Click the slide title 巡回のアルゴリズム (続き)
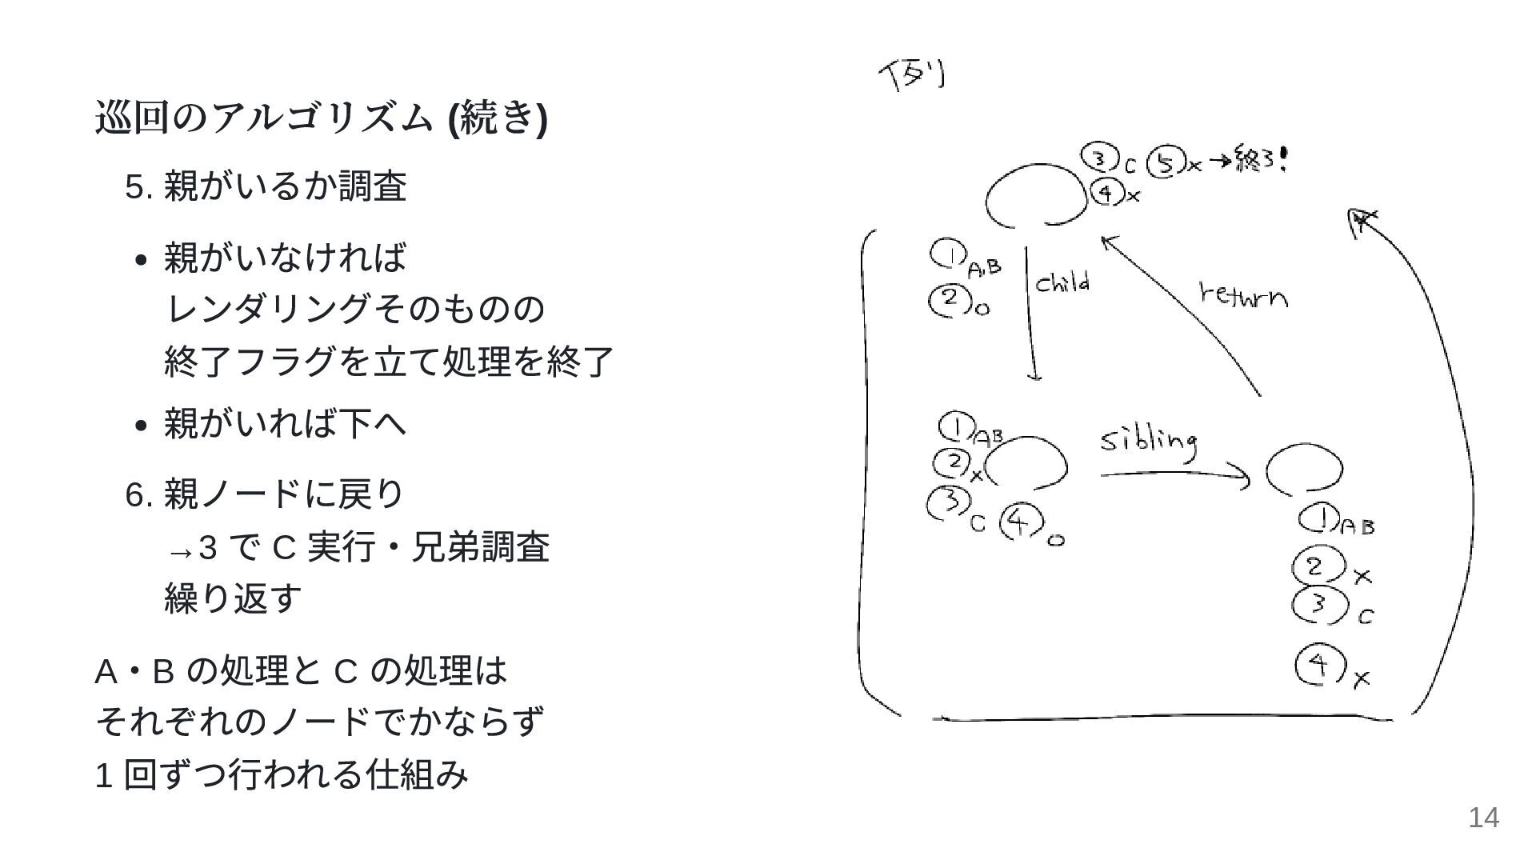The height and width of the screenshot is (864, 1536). click(x=321, y=118)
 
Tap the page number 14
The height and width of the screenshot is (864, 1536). click(x=1483, y=818)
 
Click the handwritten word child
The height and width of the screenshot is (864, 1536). click(x=1062, y=283)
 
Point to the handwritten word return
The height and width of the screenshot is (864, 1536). click(x=1243, y=295)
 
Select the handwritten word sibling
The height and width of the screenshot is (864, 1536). click(x=1149, y=442)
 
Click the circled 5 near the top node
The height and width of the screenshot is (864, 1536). click(x=1165, y=163)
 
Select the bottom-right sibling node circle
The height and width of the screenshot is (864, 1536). click(x=1304, y=470)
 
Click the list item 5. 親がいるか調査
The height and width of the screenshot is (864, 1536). click(x=266, y=187)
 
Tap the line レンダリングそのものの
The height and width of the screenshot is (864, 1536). click(x=354, y=309)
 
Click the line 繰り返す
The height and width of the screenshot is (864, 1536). click(x=233, y=598)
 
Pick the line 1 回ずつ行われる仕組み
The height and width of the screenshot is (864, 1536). click(x=282, y=774)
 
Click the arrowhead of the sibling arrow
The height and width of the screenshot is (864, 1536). click(x=1243, y=478)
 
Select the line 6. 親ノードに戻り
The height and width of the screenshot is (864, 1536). click(x=266, y=494)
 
